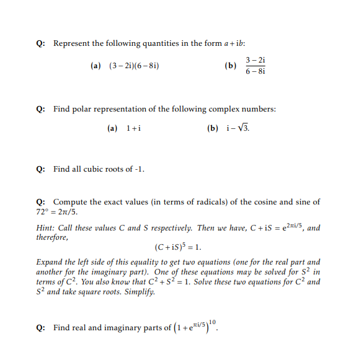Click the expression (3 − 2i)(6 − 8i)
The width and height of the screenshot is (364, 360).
coord(135,65)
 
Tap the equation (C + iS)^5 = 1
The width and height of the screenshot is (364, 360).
coord(179,247)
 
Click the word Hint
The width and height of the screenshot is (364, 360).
coord(46,227)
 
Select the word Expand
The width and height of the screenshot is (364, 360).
coord(50,262)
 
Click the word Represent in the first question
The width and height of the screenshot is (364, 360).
coord(72,43)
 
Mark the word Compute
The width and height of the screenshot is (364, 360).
coord(70,202)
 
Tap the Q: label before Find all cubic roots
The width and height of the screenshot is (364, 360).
coord(40,168)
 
